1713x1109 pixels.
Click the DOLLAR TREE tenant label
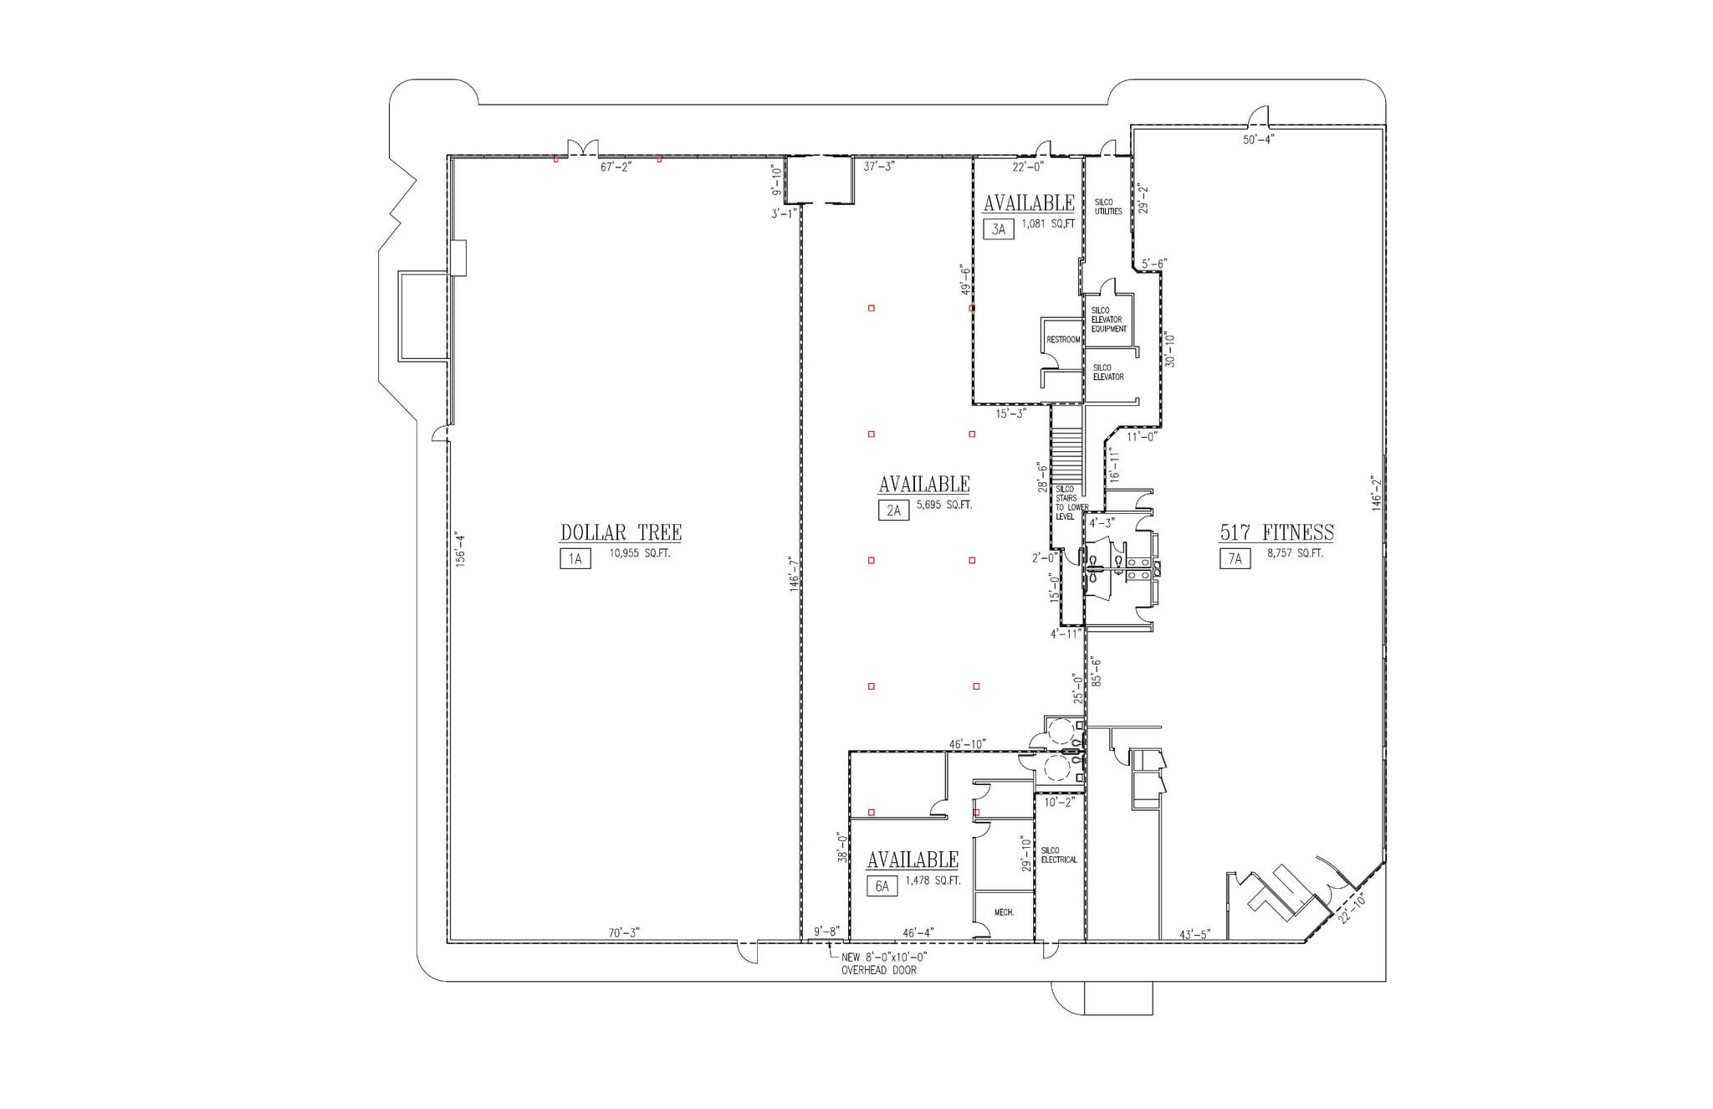point(621,532)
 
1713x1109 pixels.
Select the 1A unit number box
point(575,559)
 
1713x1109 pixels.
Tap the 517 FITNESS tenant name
point(1276,532)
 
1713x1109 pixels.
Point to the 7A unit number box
point(1235,559)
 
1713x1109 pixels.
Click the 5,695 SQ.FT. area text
point(944,506)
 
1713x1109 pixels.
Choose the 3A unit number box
point(998,229)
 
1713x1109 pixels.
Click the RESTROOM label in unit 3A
point(1063,340)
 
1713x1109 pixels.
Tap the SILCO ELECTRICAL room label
point(1059,855)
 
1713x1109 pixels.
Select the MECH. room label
point(1004,912)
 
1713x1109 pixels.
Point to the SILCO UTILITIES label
point(1108,207)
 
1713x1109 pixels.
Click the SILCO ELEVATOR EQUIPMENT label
point(1108,320)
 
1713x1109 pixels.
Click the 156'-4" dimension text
point(459,550)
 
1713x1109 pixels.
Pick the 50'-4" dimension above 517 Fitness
point(1258,140)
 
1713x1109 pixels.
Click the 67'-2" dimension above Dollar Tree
point(616,167)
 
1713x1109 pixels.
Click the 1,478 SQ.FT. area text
point(933,881)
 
